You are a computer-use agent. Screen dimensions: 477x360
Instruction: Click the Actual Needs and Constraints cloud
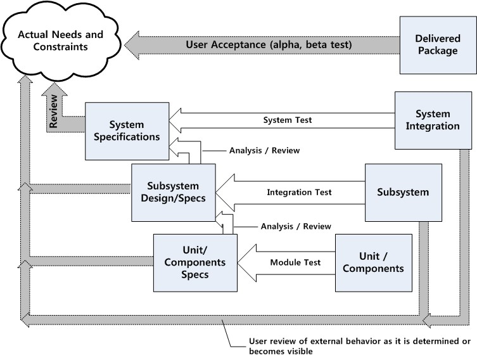pos(60,41)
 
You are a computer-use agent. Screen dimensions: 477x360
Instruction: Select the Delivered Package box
pos(438,45)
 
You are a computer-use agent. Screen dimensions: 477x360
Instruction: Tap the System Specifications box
pos(127,131)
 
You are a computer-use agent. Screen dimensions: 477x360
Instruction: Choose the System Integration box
pos(433,120)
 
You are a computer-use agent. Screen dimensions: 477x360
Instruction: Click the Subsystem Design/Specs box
pos(174,192)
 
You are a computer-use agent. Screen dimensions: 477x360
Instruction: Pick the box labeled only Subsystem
pos(403,192)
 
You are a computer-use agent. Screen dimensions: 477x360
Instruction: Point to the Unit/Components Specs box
pos(195,262)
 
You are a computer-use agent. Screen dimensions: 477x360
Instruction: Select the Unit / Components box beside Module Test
pos(374,262)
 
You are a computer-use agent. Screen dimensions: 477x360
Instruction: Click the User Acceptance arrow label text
pos(269,45)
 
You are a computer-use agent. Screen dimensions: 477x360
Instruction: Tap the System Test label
pos(288,120)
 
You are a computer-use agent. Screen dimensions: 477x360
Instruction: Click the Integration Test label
pos(299,192)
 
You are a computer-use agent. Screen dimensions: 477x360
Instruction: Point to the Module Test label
pos(295,262)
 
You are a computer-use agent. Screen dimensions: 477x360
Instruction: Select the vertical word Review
pos(54,111)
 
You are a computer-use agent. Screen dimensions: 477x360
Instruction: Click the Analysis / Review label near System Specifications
pos(264,150)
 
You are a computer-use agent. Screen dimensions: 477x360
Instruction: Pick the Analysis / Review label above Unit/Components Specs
pos(296,226)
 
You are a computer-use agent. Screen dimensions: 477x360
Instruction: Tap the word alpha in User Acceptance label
pos(286,45)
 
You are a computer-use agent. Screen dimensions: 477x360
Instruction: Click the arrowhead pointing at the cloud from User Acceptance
pos(132,45)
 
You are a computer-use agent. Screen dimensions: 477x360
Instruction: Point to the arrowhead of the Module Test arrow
pos(246,262)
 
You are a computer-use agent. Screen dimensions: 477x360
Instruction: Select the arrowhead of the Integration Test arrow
pos(225,193)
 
